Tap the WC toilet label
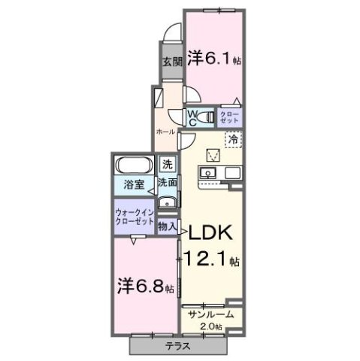tap(192, 117)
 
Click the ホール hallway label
tap(165, 131)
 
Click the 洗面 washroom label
tap(167, 182)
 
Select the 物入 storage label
tap(168, 226)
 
